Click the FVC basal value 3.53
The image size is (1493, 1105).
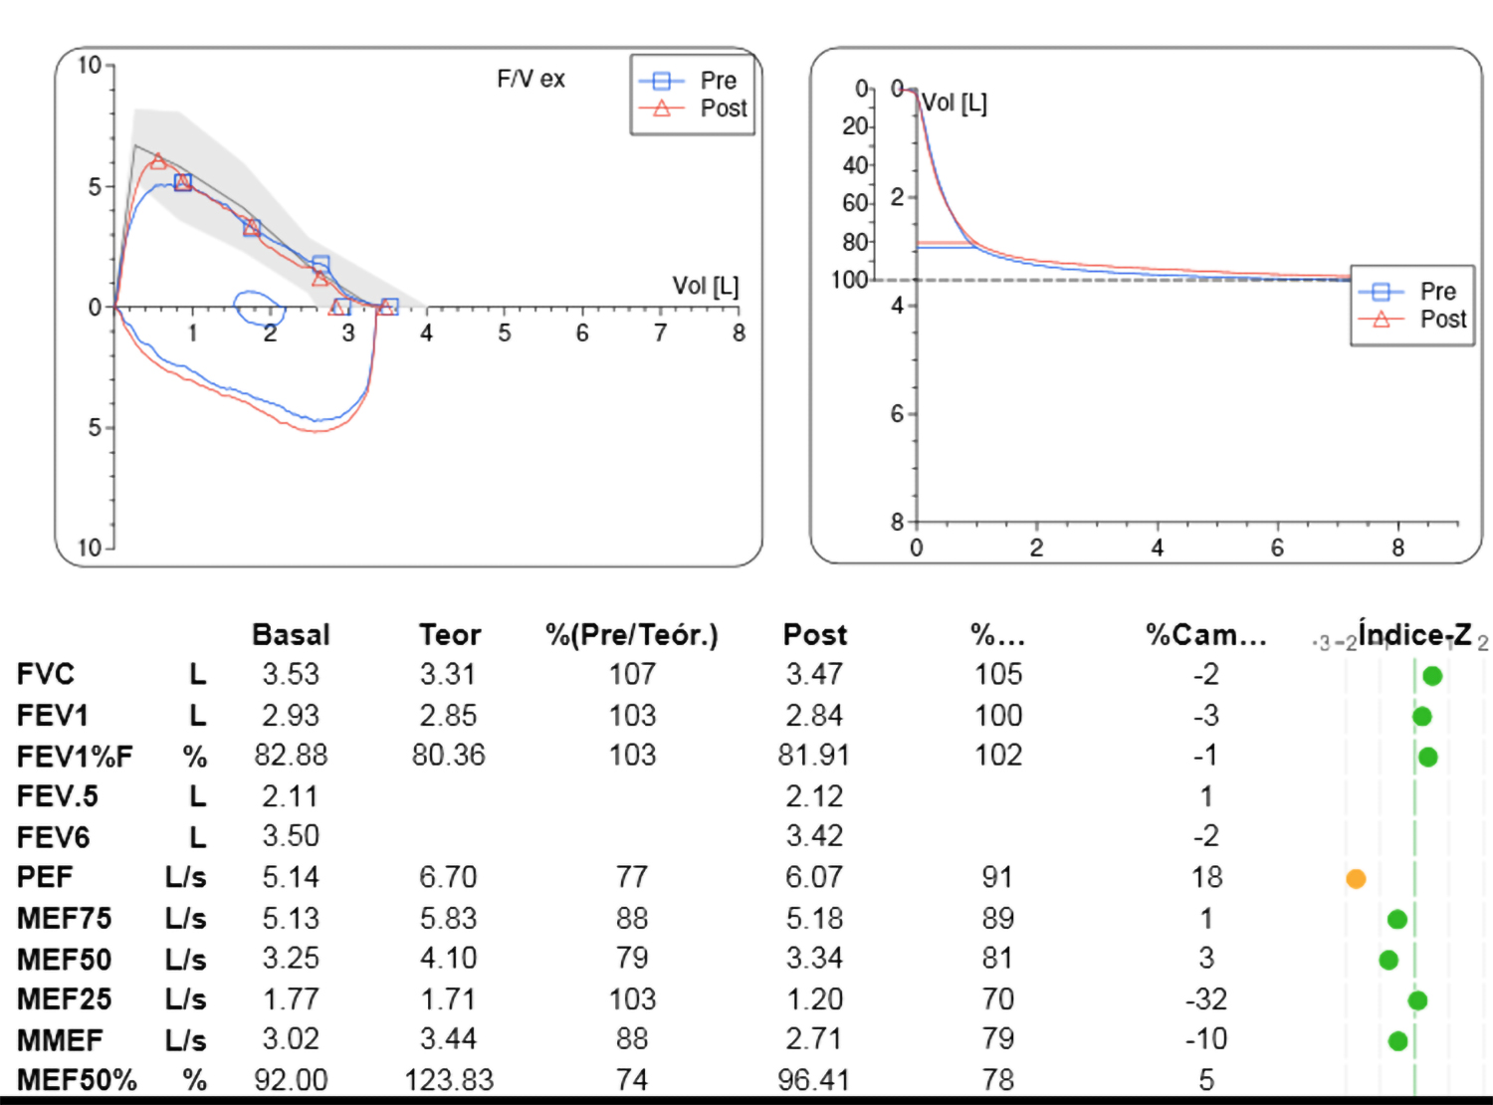tap(291, 675)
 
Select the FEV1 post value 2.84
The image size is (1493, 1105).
tap(814, 716)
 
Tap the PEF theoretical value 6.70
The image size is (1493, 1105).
tap(448, 877)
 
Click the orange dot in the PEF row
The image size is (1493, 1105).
tap(1356, 878)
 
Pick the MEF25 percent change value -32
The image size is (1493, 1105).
tap(1205, 998)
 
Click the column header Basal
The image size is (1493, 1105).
tap(291, 635)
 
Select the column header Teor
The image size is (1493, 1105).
tap(450, 635)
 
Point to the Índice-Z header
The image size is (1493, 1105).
tap(1414, 634)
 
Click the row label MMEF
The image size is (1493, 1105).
tap(60, 1040)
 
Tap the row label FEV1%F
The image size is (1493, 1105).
tap(75, 757)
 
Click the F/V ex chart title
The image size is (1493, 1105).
tap(531, 80)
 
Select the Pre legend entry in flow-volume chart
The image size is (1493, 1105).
tap(718, 81)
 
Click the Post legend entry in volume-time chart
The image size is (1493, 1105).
tap(1442, 320)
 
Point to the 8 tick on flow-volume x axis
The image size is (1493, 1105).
tap(739, 333)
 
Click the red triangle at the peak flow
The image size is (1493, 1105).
tap(158, 161)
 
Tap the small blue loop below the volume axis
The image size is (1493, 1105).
tap(259, 308)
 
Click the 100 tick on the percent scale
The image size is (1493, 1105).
tap(849, 280)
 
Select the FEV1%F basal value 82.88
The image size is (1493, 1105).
tap(291, 756)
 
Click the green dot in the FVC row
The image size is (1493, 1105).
tap(1432, 676)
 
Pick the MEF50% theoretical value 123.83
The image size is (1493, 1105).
tap(449, 1080)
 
